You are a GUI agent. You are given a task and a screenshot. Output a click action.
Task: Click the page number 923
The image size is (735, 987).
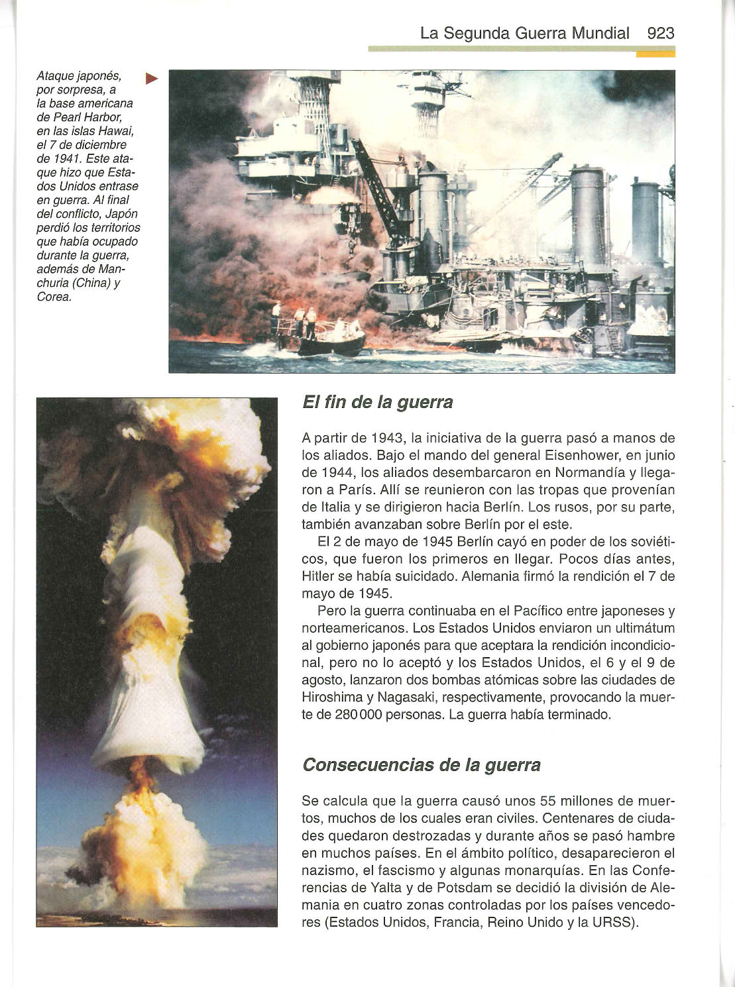(x=660, y=33)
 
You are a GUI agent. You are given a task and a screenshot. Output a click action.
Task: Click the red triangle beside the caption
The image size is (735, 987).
(x=152, y=79)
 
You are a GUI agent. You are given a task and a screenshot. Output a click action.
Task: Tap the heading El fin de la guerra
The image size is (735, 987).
(x=377, y=402)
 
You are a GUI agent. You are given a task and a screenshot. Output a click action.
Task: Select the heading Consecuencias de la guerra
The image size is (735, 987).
(x=421, y=765)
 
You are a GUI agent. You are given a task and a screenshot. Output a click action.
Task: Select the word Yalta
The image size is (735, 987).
(x=372, y=888)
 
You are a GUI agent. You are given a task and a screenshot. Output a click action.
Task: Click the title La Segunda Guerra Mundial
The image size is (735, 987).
(x=525, y=33)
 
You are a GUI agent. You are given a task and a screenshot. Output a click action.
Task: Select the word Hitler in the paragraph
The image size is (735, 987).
(x=319, y=576)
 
